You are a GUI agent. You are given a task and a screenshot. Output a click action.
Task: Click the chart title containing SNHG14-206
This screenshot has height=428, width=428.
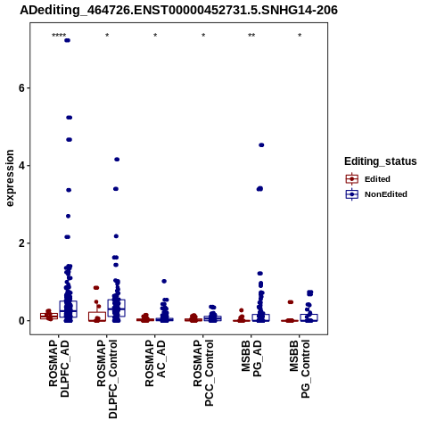[178, 10]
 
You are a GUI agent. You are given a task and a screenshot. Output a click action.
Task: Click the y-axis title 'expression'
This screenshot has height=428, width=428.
[10, 178]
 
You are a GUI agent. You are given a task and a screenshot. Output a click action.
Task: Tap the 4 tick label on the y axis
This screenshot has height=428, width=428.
[21, 166]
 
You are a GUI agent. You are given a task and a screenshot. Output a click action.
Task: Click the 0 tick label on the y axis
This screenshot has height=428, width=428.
[21, 321]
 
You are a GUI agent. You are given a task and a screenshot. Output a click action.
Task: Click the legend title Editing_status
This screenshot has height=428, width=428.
[381, 161]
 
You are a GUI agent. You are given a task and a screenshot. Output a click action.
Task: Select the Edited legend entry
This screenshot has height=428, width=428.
[367, 179]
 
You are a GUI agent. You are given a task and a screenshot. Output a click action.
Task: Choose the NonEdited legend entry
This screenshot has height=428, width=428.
[376, 194]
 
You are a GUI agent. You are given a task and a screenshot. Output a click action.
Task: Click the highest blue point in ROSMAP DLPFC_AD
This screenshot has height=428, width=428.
[68, 40]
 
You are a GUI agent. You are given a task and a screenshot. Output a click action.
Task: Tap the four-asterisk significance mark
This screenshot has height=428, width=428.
[59, 36]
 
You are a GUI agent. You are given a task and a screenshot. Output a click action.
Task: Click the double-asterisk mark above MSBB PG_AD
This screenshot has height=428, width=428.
[251, 36]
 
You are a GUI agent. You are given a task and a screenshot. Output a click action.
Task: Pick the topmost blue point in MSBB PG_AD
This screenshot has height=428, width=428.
[261, 145]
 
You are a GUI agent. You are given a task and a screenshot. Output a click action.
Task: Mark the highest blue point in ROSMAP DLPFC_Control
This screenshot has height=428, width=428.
[117, 160]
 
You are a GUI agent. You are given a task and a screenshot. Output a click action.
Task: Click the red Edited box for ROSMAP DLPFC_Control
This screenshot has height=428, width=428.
[97, 317]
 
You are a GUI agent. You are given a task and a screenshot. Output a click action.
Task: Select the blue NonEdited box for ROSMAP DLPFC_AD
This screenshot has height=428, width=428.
[69, 309]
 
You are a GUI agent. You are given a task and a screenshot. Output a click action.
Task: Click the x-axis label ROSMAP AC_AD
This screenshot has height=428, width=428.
[155, 363]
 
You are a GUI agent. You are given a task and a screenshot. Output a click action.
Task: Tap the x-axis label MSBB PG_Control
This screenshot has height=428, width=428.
[300, 369]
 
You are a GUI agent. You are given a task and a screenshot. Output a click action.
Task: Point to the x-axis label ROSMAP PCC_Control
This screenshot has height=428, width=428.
[203, 373]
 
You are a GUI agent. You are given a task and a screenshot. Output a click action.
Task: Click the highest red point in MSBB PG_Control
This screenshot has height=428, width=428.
[290, 302]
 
